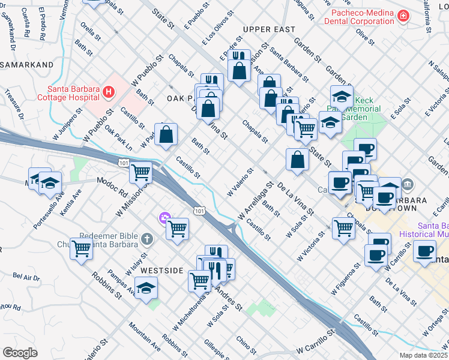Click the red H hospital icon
click(x=109, y=92)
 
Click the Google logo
click(x=20, y=353)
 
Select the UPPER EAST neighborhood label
click(x=269, y=29)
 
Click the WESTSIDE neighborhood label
click(x=161, y=271)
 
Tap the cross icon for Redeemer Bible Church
click(x=145, y=239)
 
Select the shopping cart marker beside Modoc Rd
click(x=141, y=173)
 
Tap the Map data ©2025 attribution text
click(x=423, y=355)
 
